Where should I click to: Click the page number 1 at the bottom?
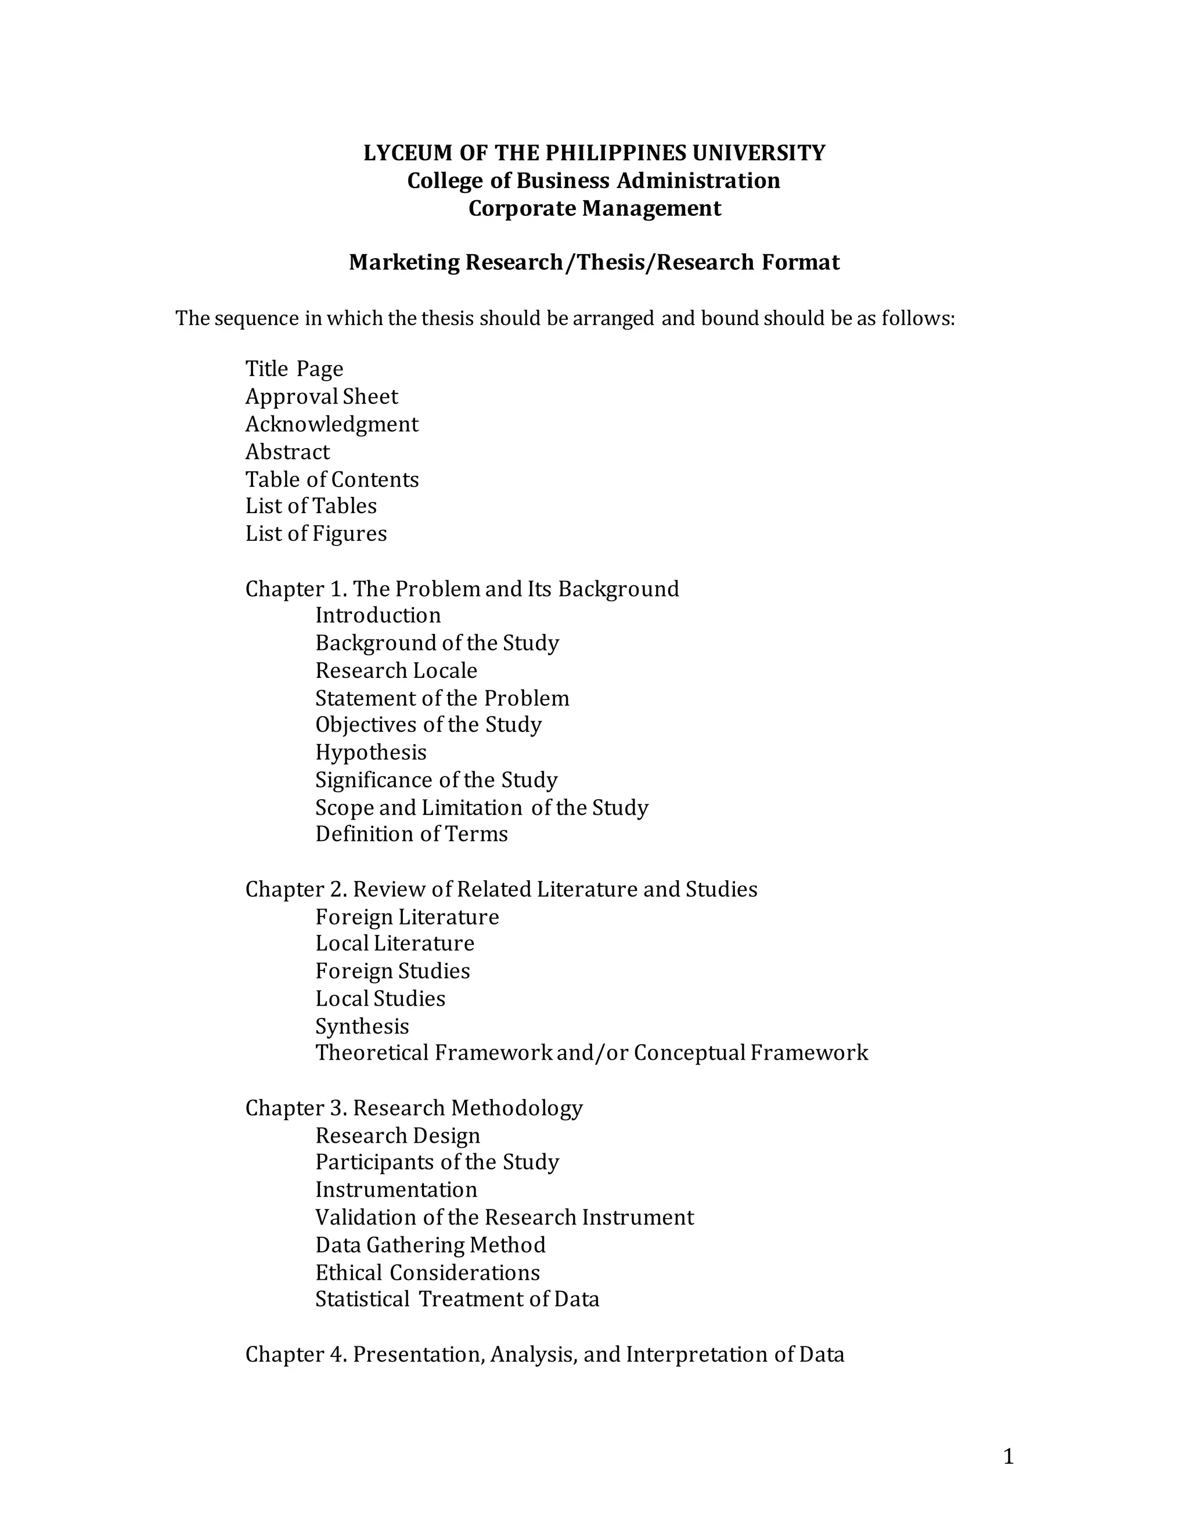1008,1456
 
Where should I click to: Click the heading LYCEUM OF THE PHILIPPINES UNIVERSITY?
594,153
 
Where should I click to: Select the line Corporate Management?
594,208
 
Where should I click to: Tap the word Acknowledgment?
331,424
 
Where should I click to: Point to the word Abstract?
287,452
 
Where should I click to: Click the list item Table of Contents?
332,479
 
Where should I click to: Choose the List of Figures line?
316,534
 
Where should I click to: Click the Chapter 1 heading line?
462,589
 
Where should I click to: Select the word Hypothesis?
370,752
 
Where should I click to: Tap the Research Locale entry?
396,670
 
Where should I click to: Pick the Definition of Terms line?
412,834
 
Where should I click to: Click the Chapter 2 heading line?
501,889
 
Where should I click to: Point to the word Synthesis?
362,1026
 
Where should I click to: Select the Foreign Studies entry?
392,971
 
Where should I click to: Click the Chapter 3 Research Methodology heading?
413,1108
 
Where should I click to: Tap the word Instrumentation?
396,1189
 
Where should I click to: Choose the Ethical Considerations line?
427,1273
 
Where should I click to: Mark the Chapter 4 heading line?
545,1354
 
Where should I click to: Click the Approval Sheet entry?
321,396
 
